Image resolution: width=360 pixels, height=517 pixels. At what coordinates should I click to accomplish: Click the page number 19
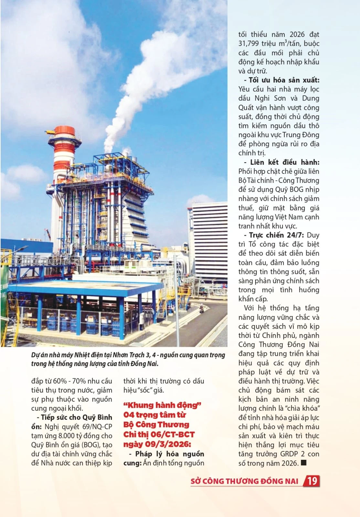(x=312, y=481)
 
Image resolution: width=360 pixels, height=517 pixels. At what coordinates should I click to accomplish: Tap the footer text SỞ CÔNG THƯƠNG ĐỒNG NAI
(x=244, y=481)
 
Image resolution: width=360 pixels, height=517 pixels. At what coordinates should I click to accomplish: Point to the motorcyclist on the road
(x=202, y=309)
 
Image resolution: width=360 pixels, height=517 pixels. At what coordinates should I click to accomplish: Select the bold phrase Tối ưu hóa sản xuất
(x=284, y=80)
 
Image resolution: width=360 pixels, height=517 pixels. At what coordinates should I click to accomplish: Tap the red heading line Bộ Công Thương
(x=156, y=425)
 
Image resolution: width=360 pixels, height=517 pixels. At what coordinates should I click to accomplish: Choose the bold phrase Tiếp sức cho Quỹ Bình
(x=76, y=417)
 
